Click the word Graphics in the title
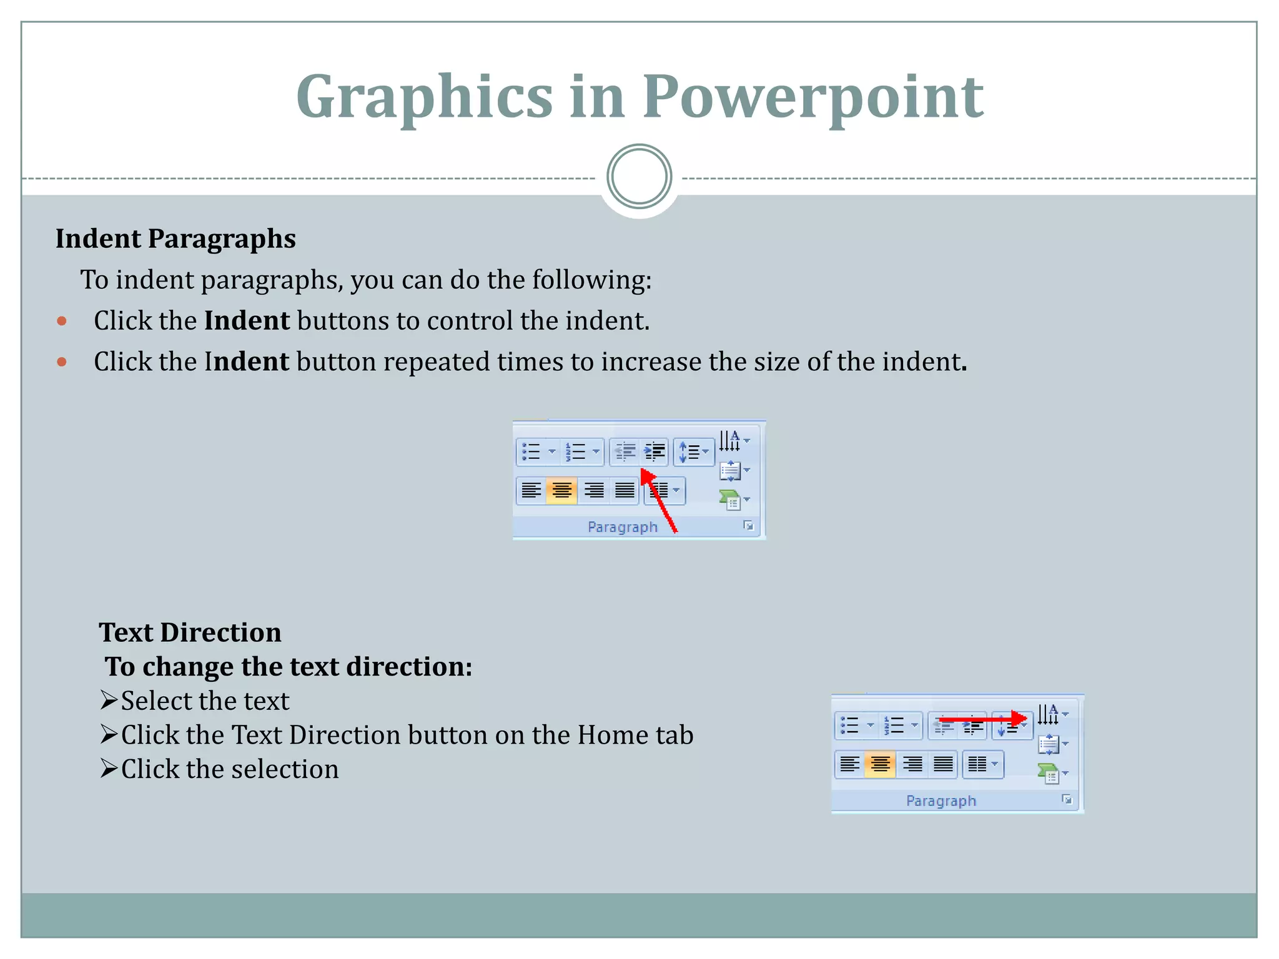(x=424, y=97)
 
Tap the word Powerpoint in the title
(x=812, y=97)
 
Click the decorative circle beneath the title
(x=639, y=177)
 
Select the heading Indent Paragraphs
(x=175, y=239)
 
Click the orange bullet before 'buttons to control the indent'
(x=61, y=322)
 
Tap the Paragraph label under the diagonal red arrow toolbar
(x=623, y=527)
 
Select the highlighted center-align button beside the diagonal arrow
(x=561, y=490)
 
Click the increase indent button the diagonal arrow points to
(x=654, y=451)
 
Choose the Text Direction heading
(x=190, y=632)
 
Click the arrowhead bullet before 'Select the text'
(x=109, y=700)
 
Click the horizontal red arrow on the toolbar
(x=983, y=720)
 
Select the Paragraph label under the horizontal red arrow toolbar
(x=941, y=800)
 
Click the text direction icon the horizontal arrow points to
(x=1049, y=714)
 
